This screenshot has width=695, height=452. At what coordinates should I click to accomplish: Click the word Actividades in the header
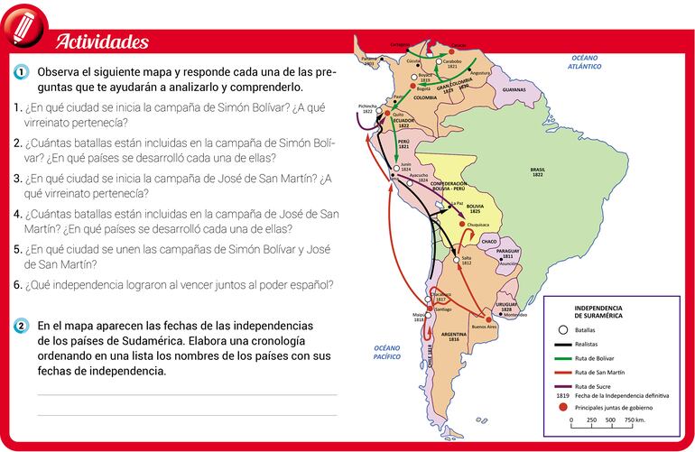click(102, 42)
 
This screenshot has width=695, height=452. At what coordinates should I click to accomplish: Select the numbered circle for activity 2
click(21, 326)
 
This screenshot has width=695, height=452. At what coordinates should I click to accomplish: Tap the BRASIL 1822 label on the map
click(538, 171)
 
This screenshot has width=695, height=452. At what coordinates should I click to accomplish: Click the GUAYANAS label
click(514, 91)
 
